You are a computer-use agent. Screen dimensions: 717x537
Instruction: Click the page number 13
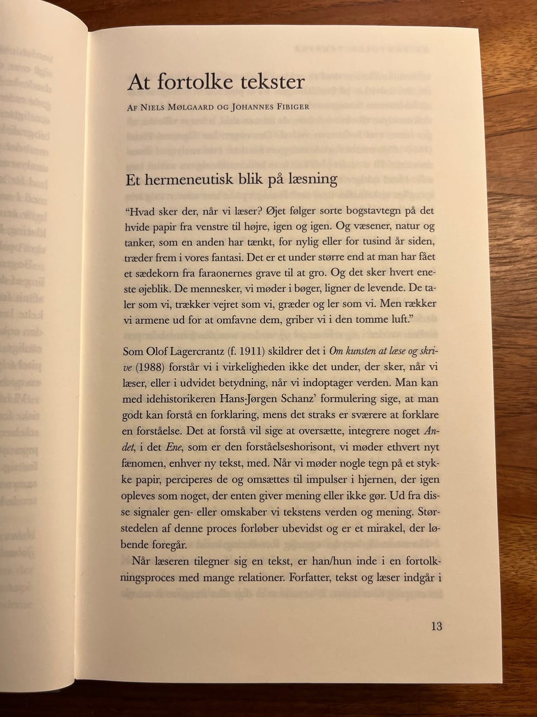point(436,626)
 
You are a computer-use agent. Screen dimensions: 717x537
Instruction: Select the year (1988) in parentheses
point(147,367)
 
